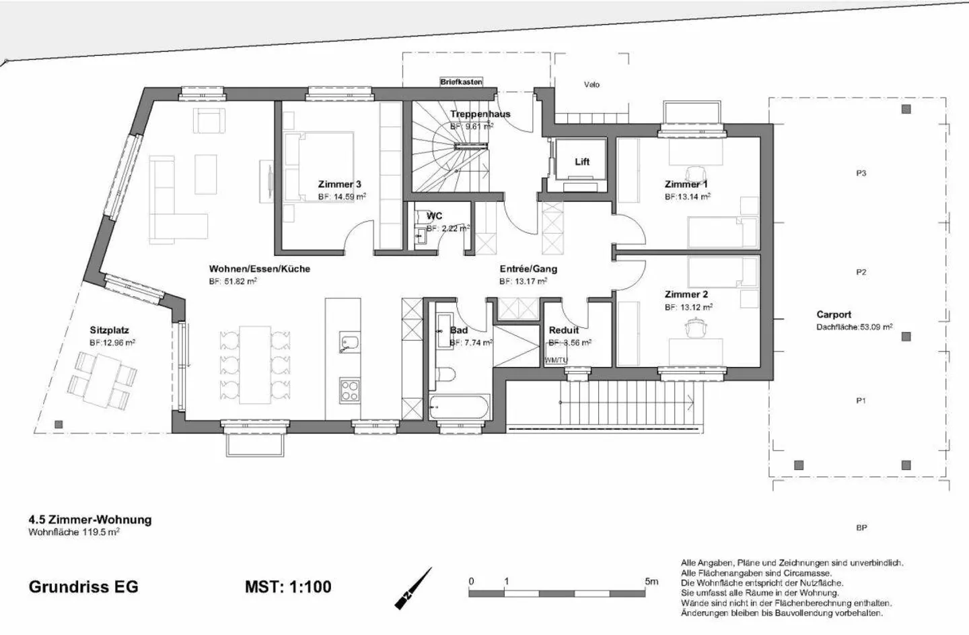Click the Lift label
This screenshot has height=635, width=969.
point(582,162)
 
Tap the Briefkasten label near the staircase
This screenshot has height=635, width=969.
point(461,82)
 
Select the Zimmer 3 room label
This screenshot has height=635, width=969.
point(339,184)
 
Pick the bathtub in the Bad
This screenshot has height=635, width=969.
point(460,407)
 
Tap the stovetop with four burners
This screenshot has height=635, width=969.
point(349,390)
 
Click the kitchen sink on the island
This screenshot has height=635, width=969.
point(349,342)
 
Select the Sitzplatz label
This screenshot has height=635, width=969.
point(109,330)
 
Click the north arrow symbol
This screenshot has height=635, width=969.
point(413,589)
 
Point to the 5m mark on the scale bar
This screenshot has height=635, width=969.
point(651,581)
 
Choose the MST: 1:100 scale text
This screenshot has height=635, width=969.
point(288,587)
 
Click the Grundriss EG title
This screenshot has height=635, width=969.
point(83,587)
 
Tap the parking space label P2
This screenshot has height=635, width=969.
point(861,272)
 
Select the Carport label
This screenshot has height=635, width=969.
point(834,314)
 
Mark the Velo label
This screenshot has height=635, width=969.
point(591,85)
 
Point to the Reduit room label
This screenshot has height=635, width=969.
point(563,330)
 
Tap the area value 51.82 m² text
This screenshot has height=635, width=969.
point(233,281)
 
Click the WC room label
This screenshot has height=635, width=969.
point(434,216)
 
